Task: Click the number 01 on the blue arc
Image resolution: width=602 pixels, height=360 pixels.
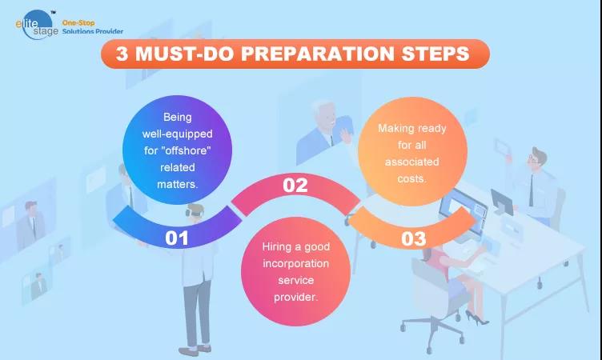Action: point(177,238)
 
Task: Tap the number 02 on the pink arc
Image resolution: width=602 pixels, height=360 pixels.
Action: point(295,186)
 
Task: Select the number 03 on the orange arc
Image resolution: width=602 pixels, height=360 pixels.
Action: point(414,238)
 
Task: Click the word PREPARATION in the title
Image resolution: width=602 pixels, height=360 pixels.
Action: point(318,54)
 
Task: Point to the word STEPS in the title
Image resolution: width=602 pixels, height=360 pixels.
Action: point(435,54)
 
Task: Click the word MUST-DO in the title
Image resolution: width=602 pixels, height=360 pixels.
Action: point(185,54)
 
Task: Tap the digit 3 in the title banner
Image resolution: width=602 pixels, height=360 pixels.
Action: point(122,54)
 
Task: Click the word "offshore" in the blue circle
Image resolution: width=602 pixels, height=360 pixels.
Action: point(188,150)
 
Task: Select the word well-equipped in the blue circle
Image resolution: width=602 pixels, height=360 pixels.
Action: point(178,134)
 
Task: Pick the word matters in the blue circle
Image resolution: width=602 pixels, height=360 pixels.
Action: point(176,184)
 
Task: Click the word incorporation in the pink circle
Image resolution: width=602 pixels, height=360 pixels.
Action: point(295,264)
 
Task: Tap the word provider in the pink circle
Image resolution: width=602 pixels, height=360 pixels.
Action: point(295,297)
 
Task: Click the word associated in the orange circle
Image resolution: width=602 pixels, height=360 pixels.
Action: point(412,162)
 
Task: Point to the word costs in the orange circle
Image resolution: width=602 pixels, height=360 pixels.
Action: point(411,179)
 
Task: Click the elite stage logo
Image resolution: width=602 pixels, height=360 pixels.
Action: point(37,26)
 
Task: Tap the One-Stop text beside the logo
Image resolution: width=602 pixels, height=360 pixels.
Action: point(78,23)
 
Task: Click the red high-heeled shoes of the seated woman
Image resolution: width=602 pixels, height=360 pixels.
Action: point(476,318)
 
